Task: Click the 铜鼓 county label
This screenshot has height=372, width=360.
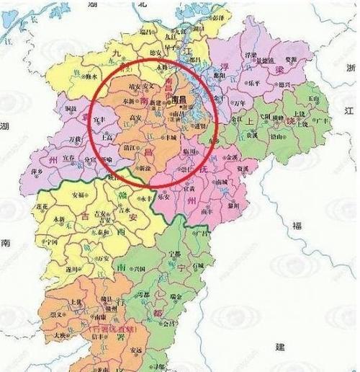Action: [x=73, y=108]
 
